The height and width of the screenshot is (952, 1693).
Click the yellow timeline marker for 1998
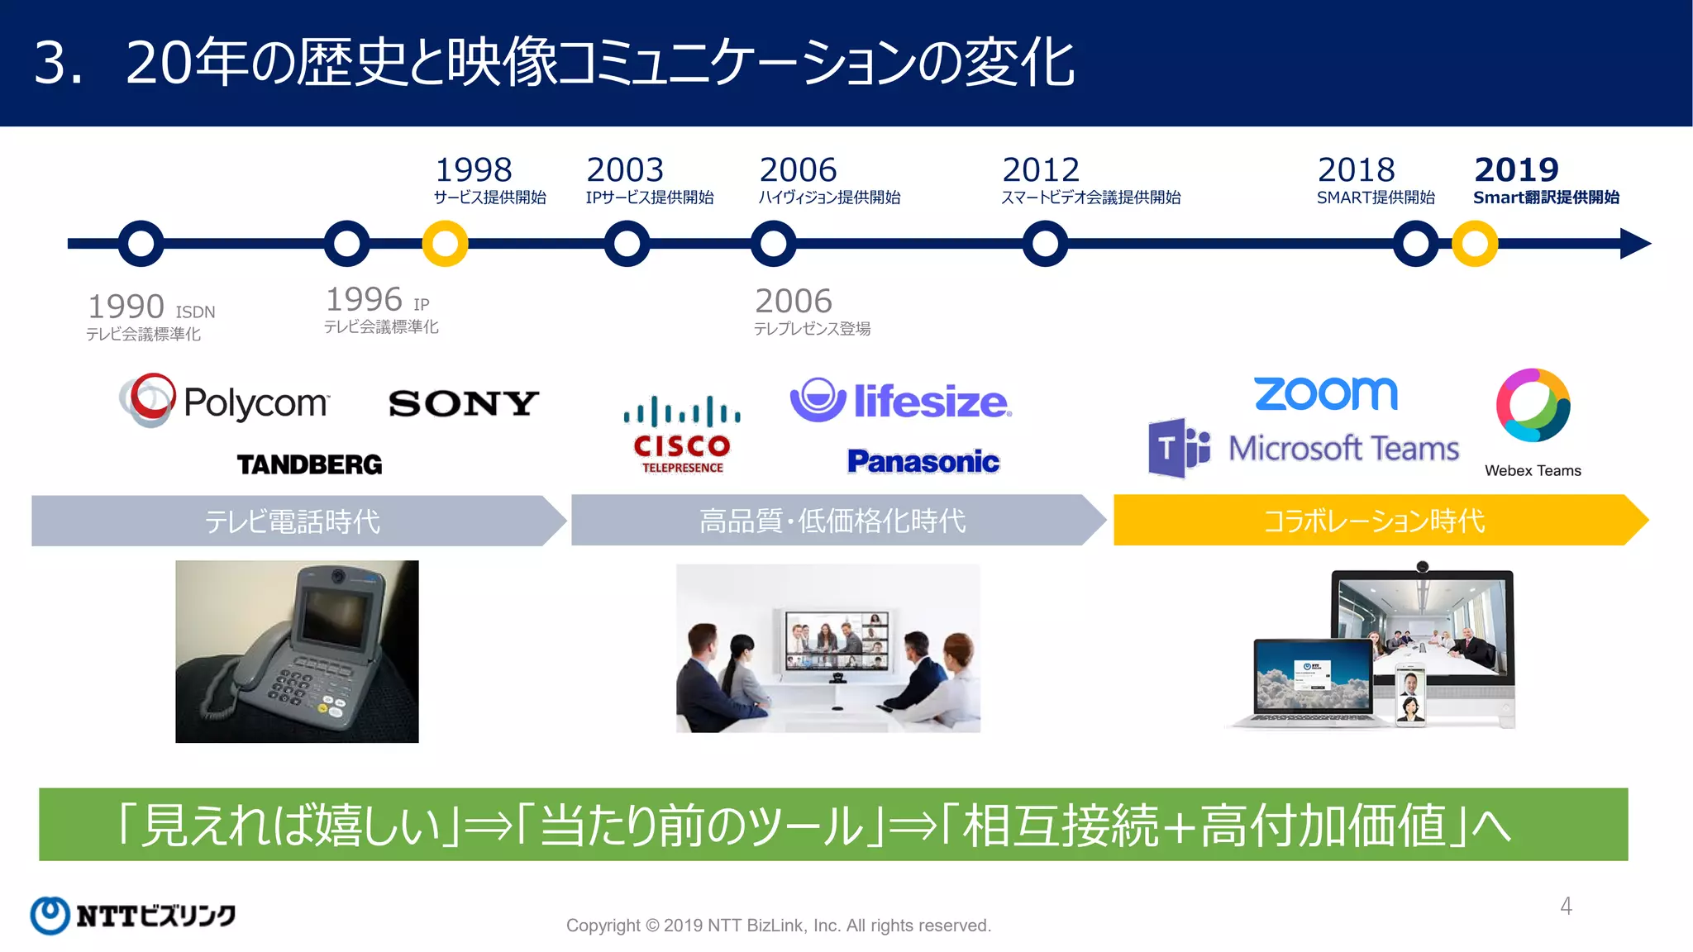(446, 244)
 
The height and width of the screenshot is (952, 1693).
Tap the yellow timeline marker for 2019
(1475, 244)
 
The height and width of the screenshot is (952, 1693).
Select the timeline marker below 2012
(1045, 244)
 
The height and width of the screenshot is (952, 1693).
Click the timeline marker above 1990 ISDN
(141, 244)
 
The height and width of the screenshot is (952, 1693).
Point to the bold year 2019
(1516, 170)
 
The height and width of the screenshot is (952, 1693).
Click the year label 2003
(625, 170)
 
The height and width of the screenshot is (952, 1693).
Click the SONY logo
(464, 403)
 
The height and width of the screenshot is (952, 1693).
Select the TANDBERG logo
(310, 464)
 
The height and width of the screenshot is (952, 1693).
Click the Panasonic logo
(923, 461)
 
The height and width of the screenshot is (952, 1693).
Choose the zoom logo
(1326, 393)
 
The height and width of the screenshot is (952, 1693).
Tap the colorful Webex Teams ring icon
(1533, 405)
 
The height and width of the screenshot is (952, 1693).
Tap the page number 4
(1566, 907)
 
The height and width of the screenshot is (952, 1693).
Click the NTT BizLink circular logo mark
(50, 916)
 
